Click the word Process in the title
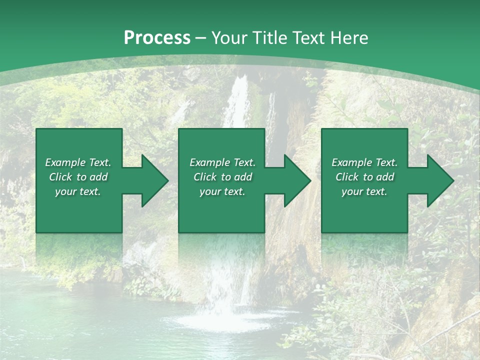pyautogui.click(x=157, y=38)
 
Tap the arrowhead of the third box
pyautogui.click(x=439, y=180)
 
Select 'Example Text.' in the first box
pyautogui.click(x=78, y=162)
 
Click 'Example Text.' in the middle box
pyautogui.click(x=222, y=162)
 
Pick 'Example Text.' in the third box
pyautogui.click(x=364, y=162)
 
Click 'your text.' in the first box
pyautogui.click(x=78, y=191)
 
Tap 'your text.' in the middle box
pyautogui.click(x=222, y=191)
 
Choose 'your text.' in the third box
pyautogui.click(x=364, y=191)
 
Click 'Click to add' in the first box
pyautogui.click(x=78, y=177)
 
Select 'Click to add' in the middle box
pyautogui.click(x=222, y=177)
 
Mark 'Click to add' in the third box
pyautogui.click(x=364, y=177)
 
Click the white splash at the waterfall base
pyautogui.click(x=220, y=320)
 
